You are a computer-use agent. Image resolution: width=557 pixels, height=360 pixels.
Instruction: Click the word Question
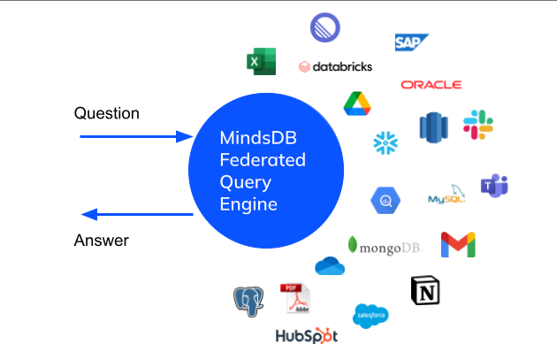click(x=107, y=113)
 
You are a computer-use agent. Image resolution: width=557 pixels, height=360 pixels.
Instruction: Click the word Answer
click(x=103, y=240)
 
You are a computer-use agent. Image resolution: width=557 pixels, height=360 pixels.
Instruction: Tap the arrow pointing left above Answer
click(x=136, y=214)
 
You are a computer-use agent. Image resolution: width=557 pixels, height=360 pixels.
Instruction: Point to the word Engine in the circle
click(x=248, y=204)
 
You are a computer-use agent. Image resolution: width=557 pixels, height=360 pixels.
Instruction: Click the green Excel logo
click(x=260, y=62)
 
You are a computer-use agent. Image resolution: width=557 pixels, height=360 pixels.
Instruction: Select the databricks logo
click(x=335, y=66)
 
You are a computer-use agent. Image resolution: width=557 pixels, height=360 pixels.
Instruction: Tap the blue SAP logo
click(x=411, y=42)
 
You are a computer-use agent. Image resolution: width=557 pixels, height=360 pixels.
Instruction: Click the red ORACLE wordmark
click(x=431, y=85)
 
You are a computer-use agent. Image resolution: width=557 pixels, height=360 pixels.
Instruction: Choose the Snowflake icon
click(x=386, y=142)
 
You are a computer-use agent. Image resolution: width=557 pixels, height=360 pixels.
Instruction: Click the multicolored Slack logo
click(x=478, y=125)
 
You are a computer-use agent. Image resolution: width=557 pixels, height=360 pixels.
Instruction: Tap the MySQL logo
click(x=446, y=196)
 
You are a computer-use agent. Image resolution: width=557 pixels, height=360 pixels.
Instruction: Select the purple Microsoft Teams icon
click(x=493, y=186)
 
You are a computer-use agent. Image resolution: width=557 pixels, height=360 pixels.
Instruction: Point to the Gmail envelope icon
click(x=458, y=244)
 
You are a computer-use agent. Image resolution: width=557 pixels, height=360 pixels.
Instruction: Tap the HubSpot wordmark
click(x=306, y=336)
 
